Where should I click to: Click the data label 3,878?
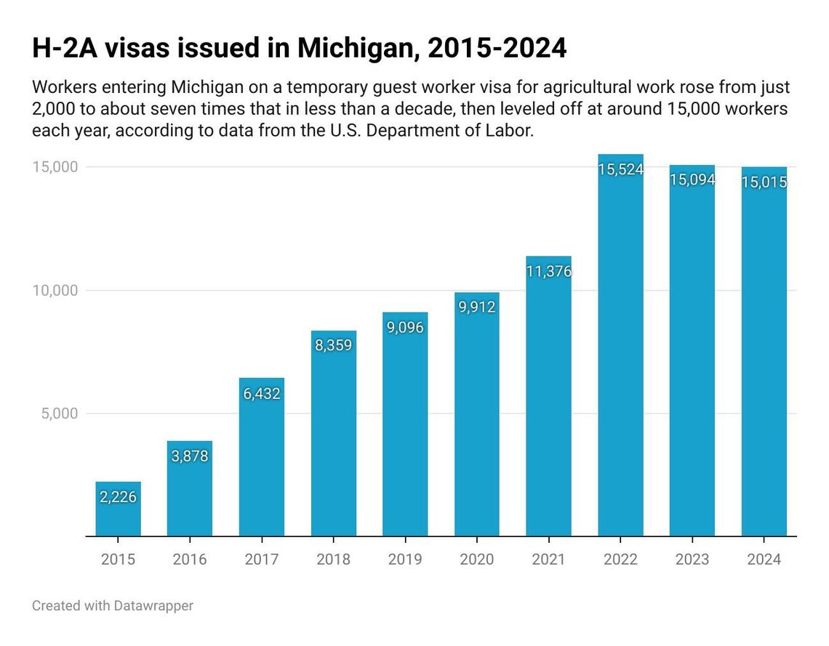tap(190, 456)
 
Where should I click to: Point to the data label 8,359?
tap(333, 345)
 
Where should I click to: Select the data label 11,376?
tap(548, 272)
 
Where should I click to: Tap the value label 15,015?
tap(764, 182)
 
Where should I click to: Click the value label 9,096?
tap(405, 327)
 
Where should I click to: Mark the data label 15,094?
tap(692, 179)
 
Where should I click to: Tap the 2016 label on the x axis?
tap(190, 559)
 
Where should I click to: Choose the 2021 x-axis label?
tap(548, 559)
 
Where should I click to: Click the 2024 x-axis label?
tap(764, 559)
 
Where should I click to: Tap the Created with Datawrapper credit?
tap(113, 605)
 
